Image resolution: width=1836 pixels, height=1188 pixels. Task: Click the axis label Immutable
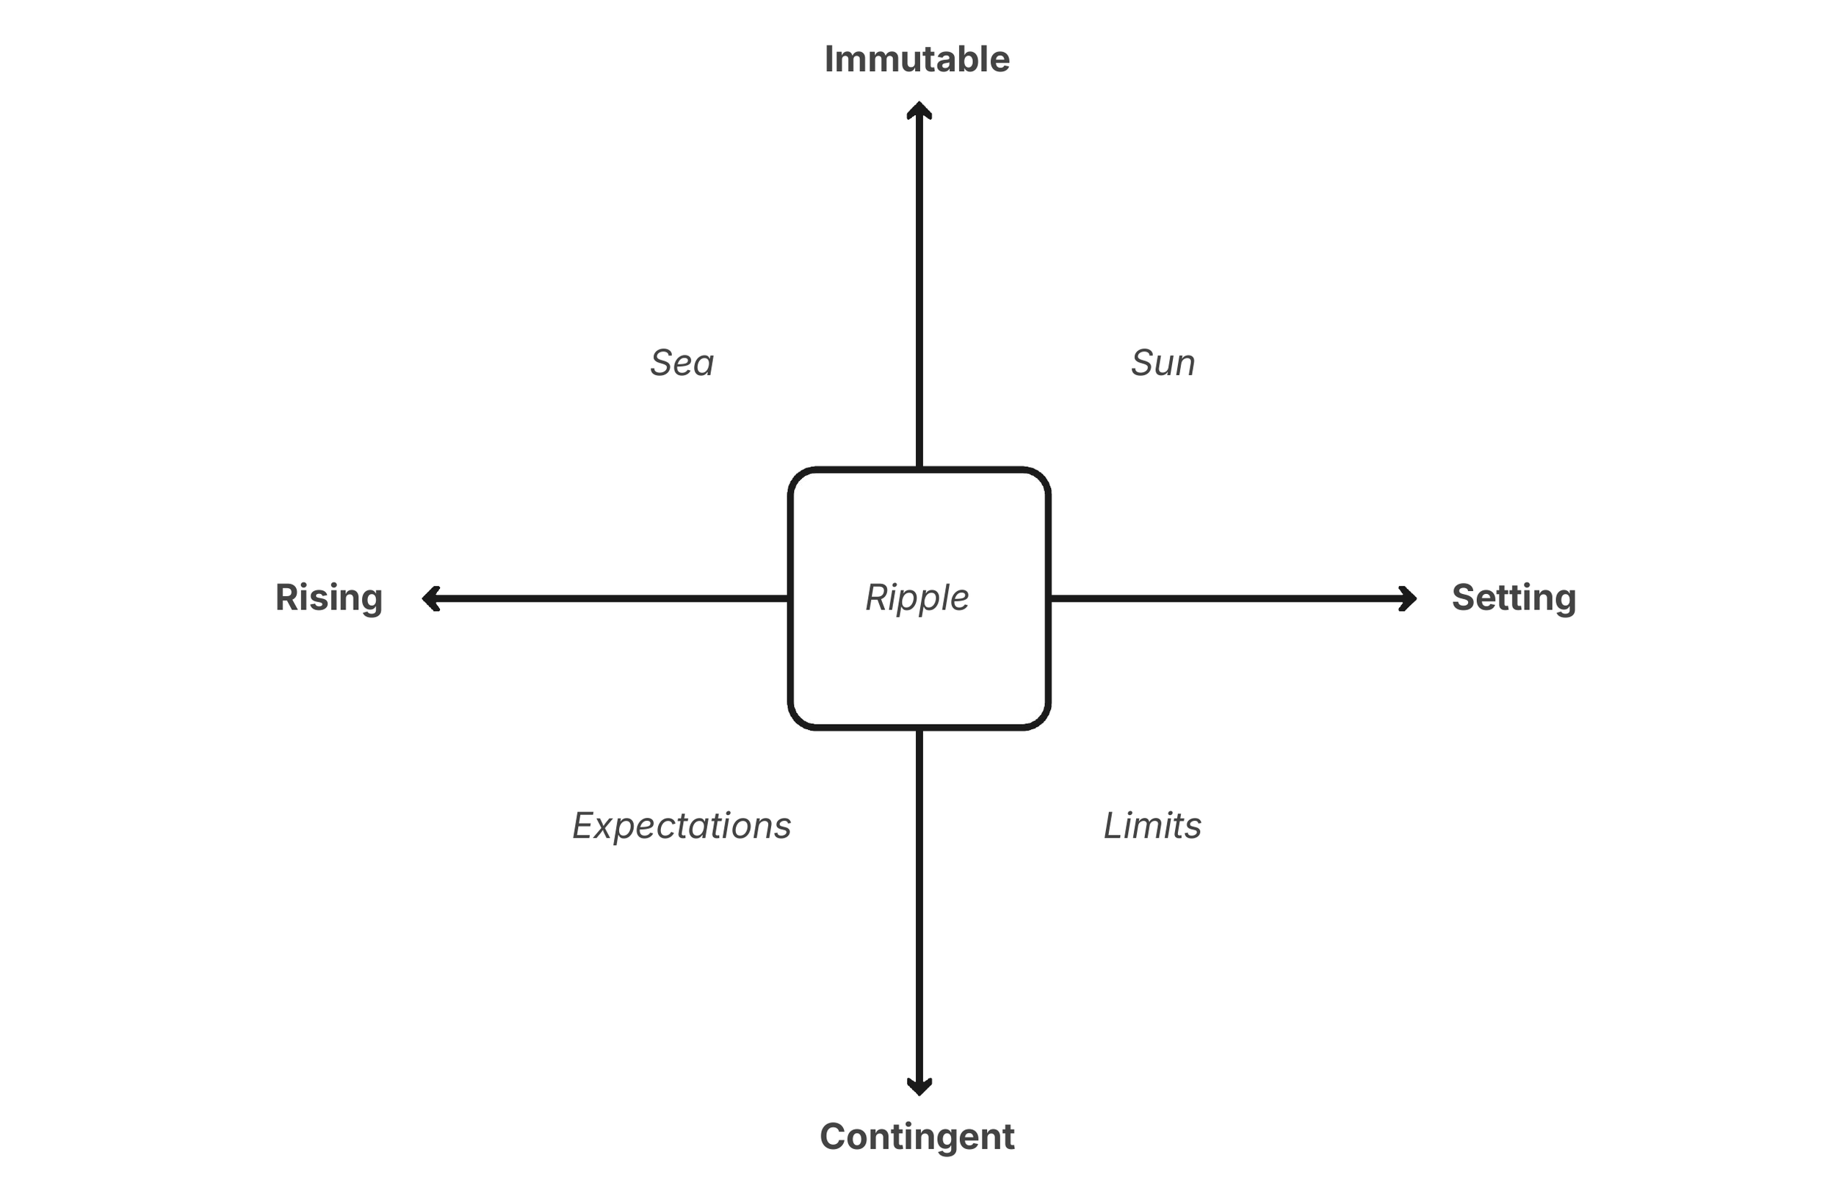(x=917, y=59)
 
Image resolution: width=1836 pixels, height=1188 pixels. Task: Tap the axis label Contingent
(x=917, y=1137)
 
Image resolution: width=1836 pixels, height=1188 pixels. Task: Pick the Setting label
(x=1514, y=598)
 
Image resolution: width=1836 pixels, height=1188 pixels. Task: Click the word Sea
(x=682, y=363)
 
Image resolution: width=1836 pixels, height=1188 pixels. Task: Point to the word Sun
(x=1163, y=363)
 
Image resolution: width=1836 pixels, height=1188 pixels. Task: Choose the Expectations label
(x=682, y=825)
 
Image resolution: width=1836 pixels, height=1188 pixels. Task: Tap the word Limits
(x=1152, y=825)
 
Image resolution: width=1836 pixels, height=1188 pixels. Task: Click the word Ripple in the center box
(x=917, y=598)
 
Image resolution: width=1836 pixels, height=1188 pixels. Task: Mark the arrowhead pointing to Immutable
(x=919, y=110)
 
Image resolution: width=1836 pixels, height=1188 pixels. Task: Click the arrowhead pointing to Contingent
(x=919, y=1086)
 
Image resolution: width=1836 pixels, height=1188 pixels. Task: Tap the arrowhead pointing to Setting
(x=1408, y=598)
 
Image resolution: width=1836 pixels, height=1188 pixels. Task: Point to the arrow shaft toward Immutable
(x=919, y=293)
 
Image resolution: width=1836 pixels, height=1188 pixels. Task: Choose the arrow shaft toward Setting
(x=1226, y=598)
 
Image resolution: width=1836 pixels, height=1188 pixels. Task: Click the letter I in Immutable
(x=830, y=59)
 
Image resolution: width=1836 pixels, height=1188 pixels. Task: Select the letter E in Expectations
(x=584, y=825)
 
